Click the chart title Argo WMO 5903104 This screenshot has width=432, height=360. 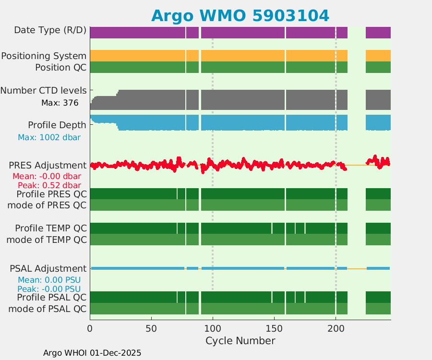click(x=240, y=15)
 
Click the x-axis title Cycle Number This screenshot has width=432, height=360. click(x=240, y=341)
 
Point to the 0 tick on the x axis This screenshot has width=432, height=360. click(x=90, y=329)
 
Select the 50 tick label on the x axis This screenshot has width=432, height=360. click(x=151, y=329)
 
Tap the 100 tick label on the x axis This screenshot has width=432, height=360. click(x=213, y=329)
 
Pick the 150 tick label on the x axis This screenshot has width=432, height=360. click(x=274, y=329)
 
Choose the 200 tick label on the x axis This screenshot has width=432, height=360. click(x=336, y=329)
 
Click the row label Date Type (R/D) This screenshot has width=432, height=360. click(x=50, y=30)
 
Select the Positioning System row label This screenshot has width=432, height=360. click(x=44, y=56)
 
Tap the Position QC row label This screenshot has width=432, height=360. click(x=60, y=68)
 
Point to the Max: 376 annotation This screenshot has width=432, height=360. click(x=60, y=103)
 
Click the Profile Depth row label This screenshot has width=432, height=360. click(x=57, y=125)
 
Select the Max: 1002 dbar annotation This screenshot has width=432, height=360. click(x=49, y=137)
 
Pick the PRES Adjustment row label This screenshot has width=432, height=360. click(x=48, y=166)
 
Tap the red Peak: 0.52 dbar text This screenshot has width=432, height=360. click(x=49, y=185)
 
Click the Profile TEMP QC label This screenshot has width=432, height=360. click(x=51, y=228)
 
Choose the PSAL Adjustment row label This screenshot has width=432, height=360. click(x=48, y=268)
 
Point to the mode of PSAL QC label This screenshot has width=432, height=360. click(x=48, y=309)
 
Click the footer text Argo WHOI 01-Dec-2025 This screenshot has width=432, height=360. click(x=92, y=353)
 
